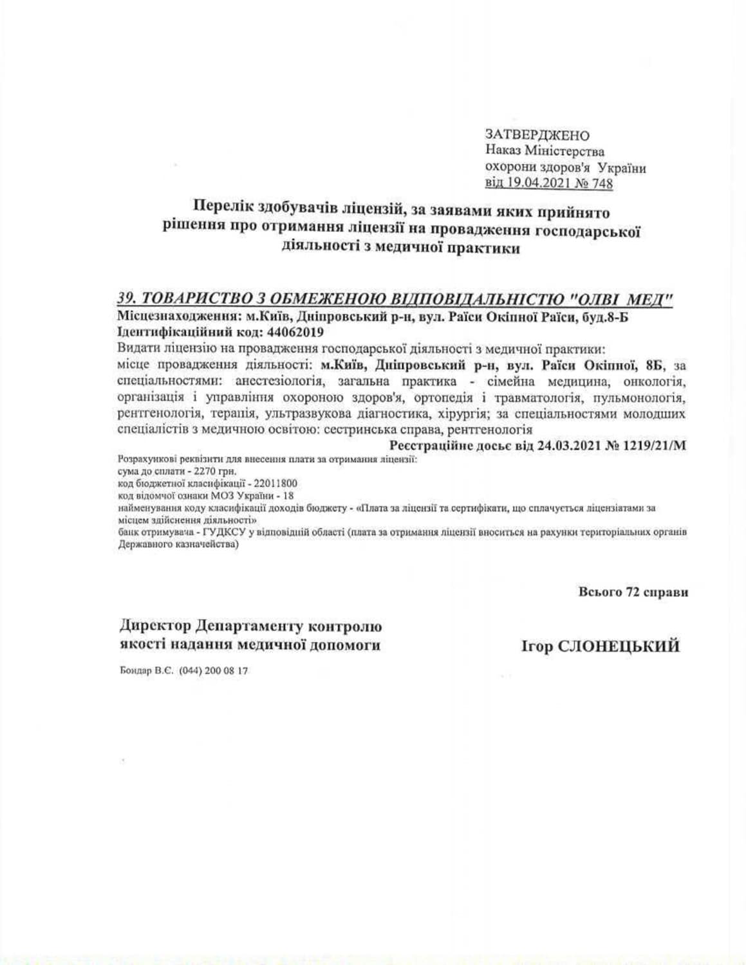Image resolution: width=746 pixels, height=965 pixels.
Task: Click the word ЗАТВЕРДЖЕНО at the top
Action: tap(537, 135)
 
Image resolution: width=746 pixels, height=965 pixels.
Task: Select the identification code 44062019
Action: tap(294, 333)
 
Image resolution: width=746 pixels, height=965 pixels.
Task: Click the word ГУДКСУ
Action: tap(223, 533)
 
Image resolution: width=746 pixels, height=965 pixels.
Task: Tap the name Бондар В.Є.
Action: tap(143, 670)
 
